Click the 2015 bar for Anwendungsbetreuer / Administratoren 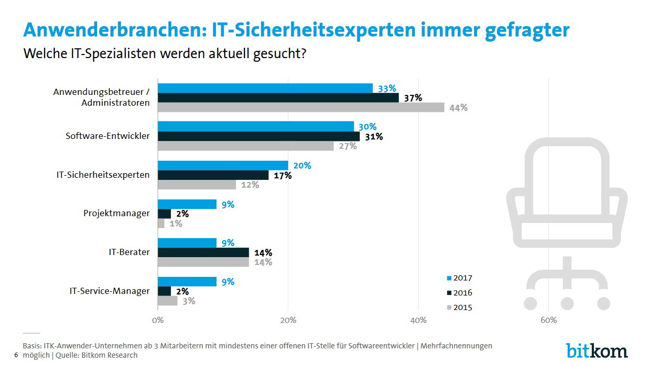point(301,107)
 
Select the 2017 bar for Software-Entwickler point(256,126)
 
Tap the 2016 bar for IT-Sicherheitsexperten point(213,175)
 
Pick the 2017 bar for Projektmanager point(187,204)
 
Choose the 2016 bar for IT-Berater point(204,252)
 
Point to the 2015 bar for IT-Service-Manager point(168,301)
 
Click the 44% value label point(459,108)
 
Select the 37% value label point(413,98)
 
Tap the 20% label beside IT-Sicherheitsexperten point(302,165)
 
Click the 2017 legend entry point(459,278)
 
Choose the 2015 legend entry point(459,307)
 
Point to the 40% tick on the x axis point(418,320)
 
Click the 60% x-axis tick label point(549,320)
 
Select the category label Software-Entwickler point(107,136)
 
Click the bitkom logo point(596,350)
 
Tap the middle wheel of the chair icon point(567,303)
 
